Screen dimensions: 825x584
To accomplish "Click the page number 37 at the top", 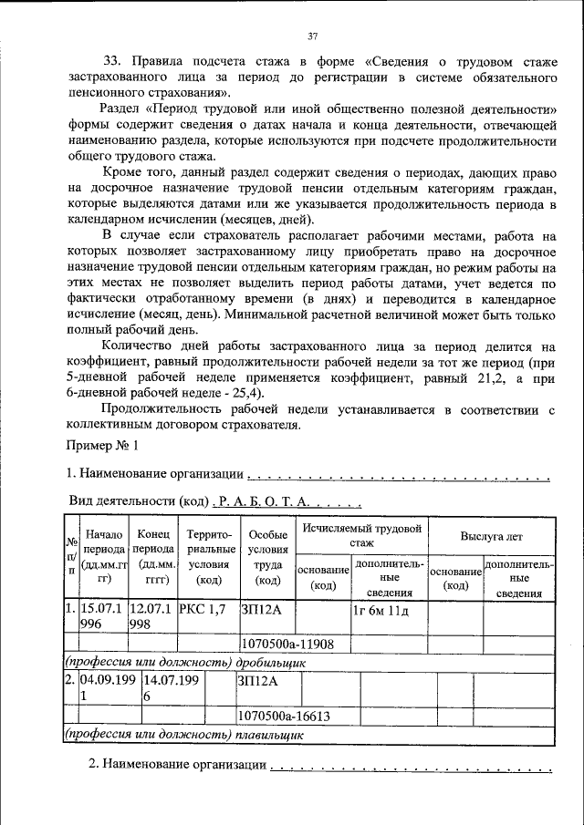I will coord(312,36).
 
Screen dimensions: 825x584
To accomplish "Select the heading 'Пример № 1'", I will coord(102,446).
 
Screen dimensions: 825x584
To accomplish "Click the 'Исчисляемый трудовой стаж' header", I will coord(362,535).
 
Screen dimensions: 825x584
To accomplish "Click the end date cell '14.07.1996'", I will coord(151,686).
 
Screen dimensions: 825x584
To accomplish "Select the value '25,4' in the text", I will coord(245,393).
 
